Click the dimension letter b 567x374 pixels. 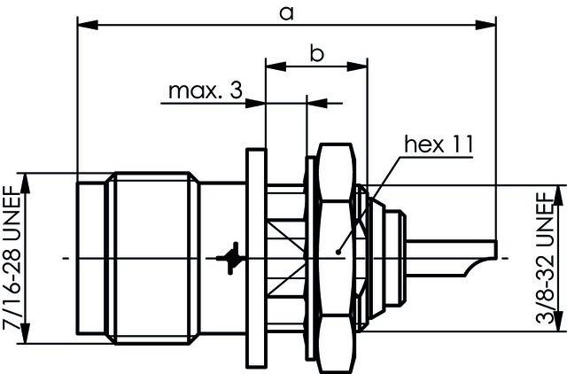coord(316,53)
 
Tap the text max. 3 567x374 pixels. coord(204,91)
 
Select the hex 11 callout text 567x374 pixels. coord(438,144)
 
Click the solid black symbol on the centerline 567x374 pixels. coord(232,256)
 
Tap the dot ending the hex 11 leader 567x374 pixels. coord(339,252)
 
